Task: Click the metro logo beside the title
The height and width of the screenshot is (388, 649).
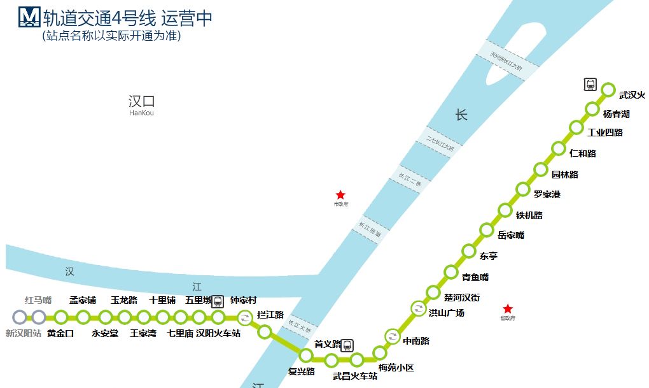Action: (29, 17)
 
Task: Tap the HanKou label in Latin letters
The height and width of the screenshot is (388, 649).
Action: (141, 113)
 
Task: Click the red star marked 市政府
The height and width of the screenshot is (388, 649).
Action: (340, 195)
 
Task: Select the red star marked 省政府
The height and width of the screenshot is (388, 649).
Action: (508, 308)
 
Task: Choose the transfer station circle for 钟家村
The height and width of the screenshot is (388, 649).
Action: (245, 317)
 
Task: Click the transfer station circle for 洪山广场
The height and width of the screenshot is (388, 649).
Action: (418, 309)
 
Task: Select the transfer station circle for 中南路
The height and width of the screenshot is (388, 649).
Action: (392, 336)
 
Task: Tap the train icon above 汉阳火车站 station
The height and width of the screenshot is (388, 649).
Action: (218, 301)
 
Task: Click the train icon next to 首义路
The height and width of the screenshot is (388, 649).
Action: (347, 345)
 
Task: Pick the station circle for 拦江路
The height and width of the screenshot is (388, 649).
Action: (265, 331)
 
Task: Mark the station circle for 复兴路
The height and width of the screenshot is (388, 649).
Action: (306, 355)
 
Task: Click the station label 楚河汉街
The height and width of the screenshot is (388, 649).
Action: (462, 298)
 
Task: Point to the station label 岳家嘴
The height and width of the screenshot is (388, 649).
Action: (511, 236)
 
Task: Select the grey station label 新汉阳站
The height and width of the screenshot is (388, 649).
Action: (23, 333)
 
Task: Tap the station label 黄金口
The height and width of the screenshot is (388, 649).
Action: (60, 333)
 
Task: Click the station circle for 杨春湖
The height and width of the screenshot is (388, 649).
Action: (592, 108)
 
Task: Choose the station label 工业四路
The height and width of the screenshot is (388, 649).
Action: (604, 133)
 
